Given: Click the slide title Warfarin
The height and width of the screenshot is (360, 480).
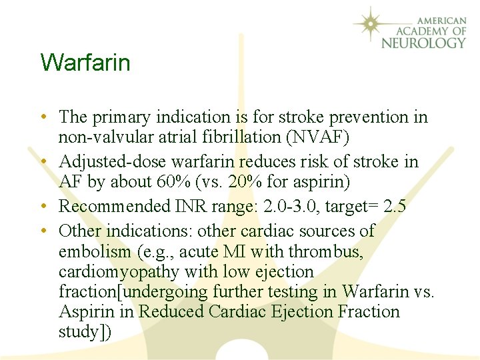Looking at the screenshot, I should [x=85, y=63].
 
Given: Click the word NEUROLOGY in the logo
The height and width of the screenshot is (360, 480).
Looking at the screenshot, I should [x=423, y=43].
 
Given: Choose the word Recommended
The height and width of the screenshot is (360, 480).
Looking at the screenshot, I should [x=115, y=207].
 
